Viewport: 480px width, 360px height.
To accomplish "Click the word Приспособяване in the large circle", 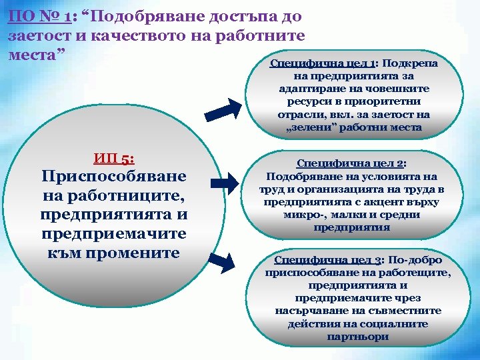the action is coord(113,177).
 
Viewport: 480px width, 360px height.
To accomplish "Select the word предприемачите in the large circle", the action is coord(113,235).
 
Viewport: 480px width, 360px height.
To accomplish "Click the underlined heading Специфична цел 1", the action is coord(323,63).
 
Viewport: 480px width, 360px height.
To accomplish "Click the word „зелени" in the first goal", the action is coord(310,127).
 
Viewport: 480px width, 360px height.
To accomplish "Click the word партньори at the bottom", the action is coord(359,337).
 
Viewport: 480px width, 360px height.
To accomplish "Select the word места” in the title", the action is coord(35,53).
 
